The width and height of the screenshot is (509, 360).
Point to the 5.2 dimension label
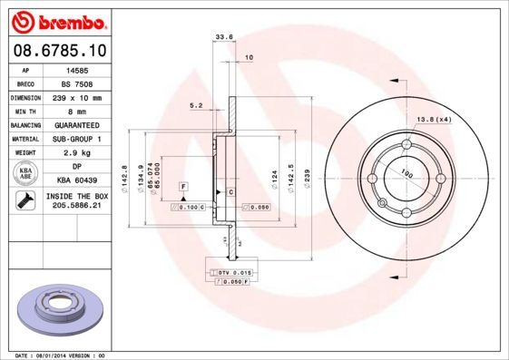196,105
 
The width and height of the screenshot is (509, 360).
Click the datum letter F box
184,186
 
